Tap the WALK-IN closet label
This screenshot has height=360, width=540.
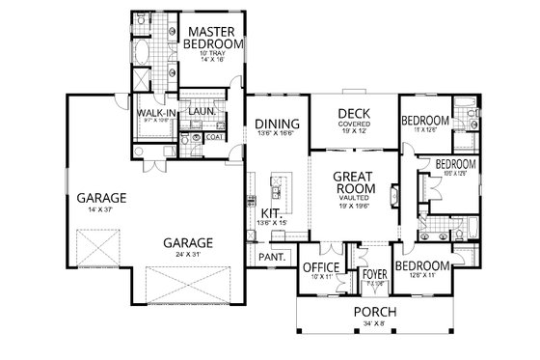tap(154, 114)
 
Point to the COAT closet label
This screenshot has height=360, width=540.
tap(215, 138)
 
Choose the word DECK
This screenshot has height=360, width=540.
tap(348, 114)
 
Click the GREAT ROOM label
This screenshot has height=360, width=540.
tap(353, 185)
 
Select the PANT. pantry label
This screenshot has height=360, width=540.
tap(271, 257)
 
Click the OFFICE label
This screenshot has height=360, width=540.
tap(319, 266)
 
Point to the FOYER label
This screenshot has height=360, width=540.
tap(373, 274)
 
